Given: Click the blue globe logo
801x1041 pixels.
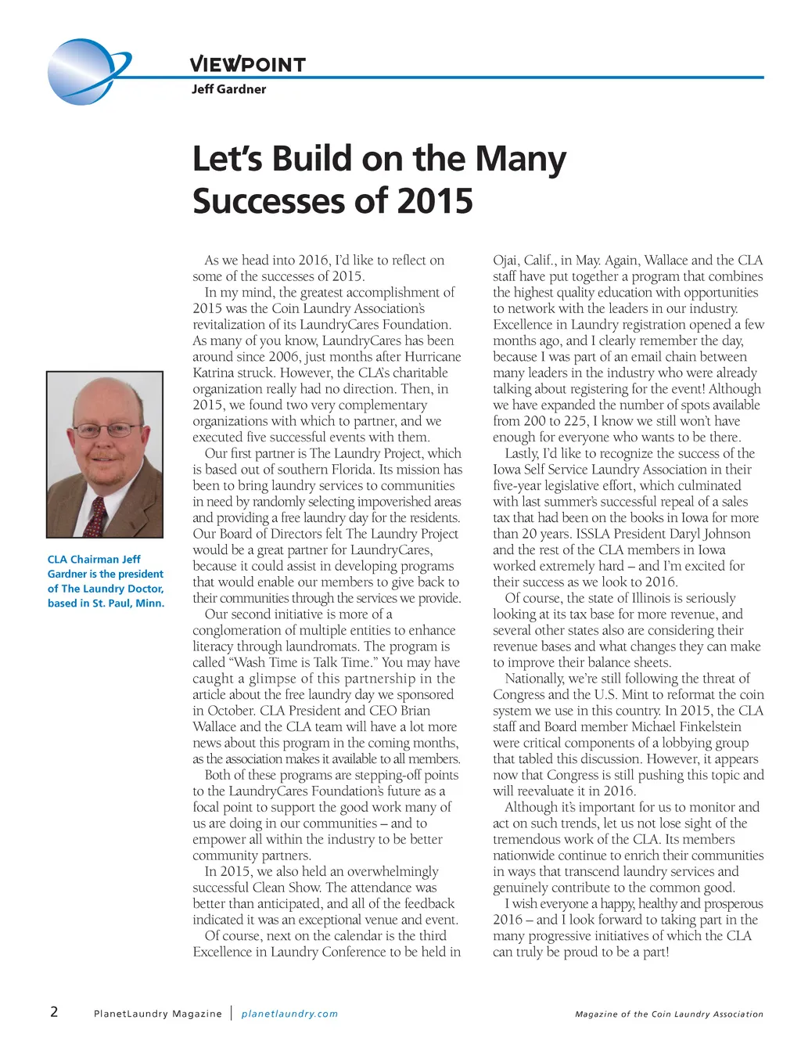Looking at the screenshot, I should (x=84, y=71).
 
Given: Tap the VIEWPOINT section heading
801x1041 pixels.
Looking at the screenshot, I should (x=247, y=64).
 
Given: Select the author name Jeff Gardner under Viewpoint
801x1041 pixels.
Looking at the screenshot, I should (x=228, y=89).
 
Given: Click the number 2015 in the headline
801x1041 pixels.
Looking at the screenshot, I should (x=434, y=200).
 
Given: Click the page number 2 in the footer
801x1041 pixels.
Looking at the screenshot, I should (x=54, y=1011).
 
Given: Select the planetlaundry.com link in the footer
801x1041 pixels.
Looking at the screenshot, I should (x=289, y=1014).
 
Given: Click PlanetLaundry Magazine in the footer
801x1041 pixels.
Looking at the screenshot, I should (x=157, y=1014).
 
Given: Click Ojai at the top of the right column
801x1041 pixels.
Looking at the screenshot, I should (x=506, y=261).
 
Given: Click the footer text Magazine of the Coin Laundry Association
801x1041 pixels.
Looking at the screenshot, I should (x=669, y=1014).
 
